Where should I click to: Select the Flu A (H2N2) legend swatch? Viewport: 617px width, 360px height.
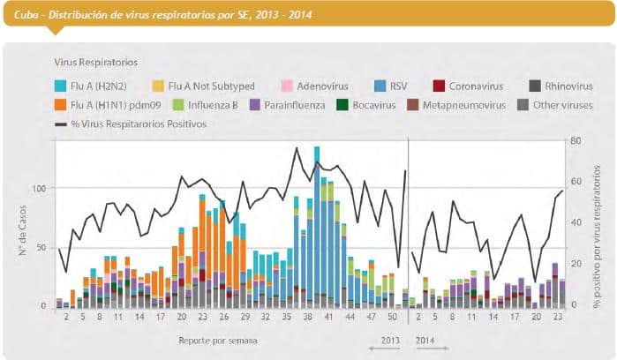point(61,86)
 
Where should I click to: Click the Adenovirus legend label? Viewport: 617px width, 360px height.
point(321,86)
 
